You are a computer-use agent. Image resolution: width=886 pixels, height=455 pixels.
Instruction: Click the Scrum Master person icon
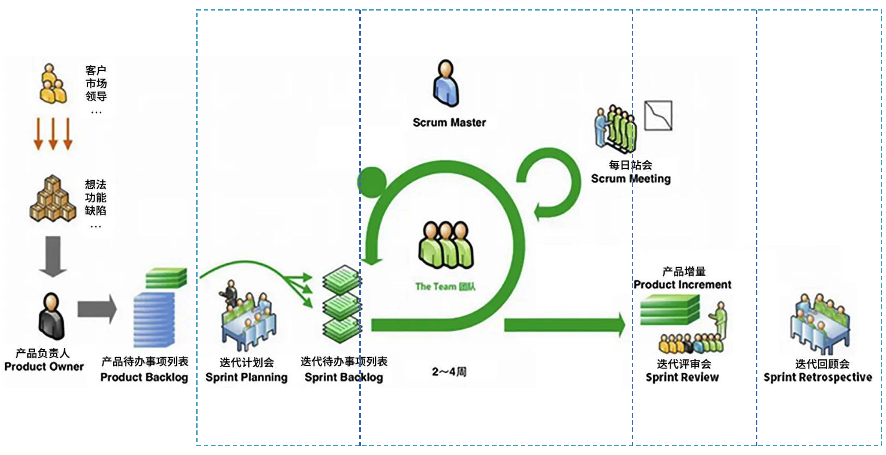tap(446, 83)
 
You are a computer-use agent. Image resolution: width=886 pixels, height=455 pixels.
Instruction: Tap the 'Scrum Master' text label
tap(449, 123)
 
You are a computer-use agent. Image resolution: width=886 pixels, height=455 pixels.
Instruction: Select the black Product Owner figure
tap(52, 317)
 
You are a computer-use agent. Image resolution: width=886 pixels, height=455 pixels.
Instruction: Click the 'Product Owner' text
tap(44, 367)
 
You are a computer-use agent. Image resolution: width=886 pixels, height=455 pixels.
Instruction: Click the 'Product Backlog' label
tap(144, 377)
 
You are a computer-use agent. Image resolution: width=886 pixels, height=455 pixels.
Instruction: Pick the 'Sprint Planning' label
tap(246, 377)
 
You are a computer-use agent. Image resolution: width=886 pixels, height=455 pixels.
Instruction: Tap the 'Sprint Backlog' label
tap(344, 377)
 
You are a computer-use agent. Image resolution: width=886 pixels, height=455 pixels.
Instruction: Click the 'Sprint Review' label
tap(682, 377)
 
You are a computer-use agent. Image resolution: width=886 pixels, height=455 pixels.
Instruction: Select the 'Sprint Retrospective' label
tap(818, 377)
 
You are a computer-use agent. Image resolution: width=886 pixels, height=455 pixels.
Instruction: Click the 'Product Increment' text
tap(682, 285)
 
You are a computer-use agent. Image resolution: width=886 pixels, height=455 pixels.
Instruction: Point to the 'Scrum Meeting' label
tap(630, 179)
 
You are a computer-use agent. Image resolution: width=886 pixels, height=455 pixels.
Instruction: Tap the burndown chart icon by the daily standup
tap(658, 116)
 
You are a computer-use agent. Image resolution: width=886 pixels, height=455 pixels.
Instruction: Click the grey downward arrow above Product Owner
tap(53, 256)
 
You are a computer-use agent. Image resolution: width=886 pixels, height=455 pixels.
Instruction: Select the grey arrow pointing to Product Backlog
tap(97, 309)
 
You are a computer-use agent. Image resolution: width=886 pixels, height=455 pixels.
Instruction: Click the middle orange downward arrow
tap(53, 134)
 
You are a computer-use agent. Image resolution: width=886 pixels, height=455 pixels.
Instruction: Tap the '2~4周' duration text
tap(449, 372)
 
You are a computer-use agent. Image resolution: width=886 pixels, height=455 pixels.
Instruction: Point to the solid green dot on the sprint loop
tap(372, 181)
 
